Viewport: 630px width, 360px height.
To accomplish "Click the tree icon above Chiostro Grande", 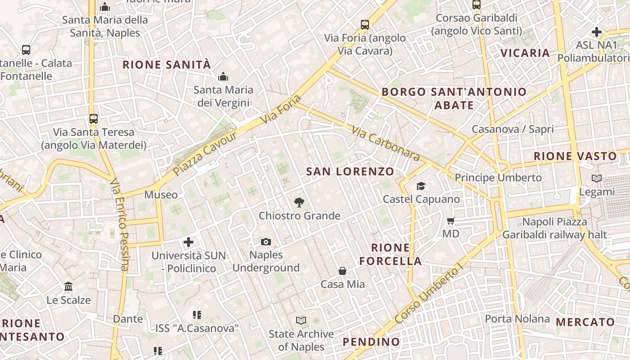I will tap(299, 202).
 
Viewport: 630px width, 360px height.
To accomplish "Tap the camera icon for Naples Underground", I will tap(266, 242).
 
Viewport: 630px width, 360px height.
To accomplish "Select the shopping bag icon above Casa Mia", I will tap(342, 271).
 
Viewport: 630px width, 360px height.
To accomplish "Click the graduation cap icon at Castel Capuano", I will tap(421, 186).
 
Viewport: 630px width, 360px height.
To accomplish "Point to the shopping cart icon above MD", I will tap(450, 220).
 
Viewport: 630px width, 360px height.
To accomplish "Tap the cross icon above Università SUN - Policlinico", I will tap(189, 243).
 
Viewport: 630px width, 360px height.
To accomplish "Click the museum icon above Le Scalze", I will tap(68, 286).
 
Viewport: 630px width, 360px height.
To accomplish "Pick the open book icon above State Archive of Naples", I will tap(301, 320).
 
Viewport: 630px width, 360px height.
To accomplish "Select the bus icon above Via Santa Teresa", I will tap(94, 119).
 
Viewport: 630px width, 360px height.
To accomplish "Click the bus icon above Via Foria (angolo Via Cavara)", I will tap(365, 25).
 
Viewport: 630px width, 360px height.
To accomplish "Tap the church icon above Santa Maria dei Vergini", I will tap(223, 77).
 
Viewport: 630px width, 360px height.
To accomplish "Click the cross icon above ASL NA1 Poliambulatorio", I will tap(597, 32).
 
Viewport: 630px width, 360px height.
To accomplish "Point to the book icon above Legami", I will tap(597, 179).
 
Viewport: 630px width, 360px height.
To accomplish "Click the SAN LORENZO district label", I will tap(350, 171).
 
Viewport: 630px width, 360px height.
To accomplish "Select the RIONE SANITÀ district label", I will tap(166, 65).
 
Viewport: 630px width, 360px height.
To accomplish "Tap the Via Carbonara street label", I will tap(386, 143).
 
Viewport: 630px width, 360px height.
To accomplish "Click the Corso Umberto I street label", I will tap(428, 295).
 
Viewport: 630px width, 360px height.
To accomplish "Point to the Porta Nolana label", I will tap(517, 319).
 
